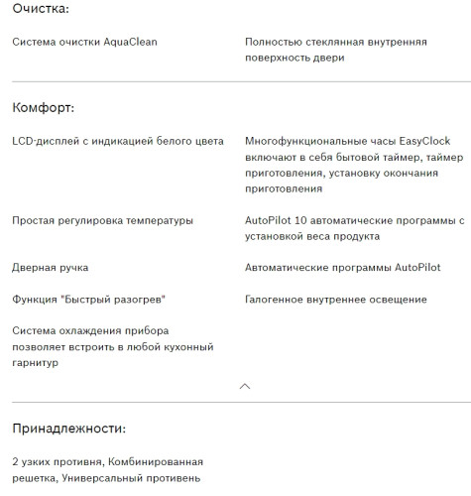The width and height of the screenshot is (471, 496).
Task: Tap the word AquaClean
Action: tap(130, 43)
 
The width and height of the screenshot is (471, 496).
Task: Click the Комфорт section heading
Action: tap(45, 108)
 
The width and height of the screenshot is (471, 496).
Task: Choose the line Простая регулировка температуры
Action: tap(102, 220)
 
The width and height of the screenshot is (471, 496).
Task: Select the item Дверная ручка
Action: tap(50, 268)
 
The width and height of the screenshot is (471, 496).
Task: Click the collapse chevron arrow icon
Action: tap(245, 385)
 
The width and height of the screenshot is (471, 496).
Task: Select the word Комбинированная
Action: tap(157, 462)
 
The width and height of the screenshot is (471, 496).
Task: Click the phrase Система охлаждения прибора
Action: tap(90, 331)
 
